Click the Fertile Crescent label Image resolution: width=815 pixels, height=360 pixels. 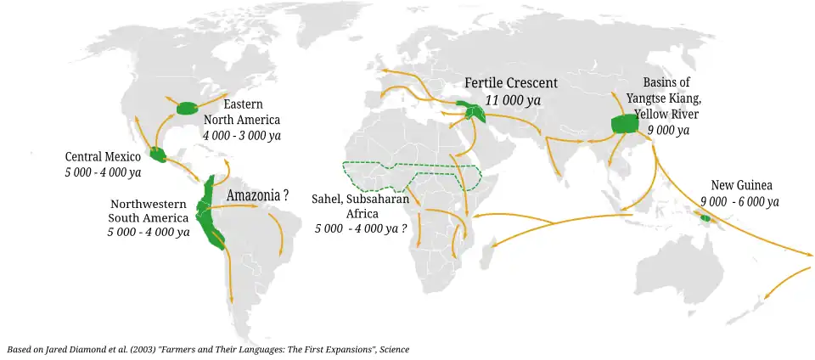pyautogui.click(x=510, y=83)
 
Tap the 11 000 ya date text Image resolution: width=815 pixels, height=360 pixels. pyautogui.click(x=513, y=100)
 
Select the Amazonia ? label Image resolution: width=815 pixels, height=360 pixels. pyautogui.click(x=257, y=195)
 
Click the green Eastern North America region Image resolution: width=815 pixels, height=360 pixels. pyautogui.click(x=187, y=108)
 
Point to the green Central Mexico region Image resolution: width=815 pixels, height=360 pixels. pyautogui.click(x=157, y=155)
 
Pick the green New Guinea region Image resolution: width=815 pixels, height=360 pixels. pyautogui.click(x=705, y=218)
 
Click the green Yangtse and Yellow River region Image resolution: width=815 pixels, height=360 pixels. pyautogui.click(x=625, y=124)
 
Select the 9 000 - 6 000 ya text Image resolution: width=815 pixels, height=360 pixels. pyautogui.click(x=739, y=201)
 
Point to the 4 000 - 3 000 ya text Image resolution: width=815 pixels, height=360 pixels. pyautogui.click(x=242, y=135)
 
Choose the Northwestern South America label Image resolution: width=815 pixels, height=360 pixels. pyautogui.click(x=149, y=211)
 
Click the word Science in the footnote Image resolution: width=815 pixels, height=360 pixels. pyautogui.click(x=395, y=349)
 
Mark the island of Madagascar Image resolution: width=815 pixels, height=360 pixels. pyautogui.click(x=491, y=253)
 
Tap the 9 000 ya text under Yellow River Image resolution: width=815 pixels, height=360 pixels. pyautogui.click(x=668, y=130)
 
